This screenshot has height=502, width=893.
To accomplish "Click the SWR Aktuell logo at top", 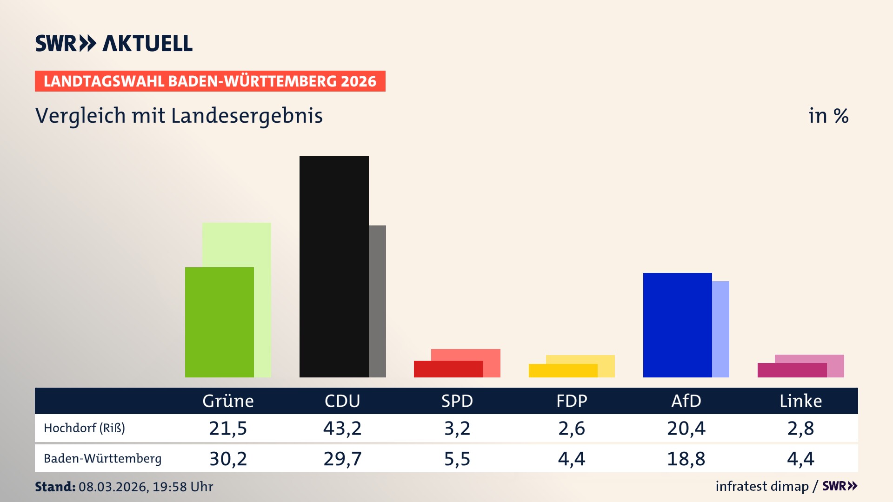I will (113, 43).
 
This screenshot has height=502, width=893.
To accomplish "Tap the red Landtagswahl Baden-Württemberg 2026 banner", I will (210, 81).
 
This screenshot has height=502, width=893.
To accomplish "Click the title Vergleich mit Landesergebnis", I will (179, 116).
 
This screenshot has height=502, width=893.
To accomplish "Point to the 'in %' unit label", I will (828, 116).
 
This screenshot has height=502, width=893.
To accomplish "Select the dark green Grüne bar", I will (219, 322).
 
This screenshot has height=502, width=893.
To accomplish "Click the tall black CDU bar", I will (333, 266).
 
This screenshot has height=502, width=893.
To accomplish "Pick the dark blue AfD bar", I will (677, 325).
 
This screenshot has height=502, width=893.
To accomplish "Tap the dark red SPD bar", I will (448, 369).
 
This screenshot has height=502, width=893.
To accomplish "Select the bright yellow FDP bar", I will (562, 370).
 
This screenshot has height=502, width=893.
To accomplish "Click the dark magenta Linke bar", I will (792, 370).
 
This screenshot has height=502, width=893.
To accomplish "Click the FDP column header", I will (572, 401).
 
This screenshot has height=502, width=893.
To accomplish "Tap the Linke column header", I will (800, 401).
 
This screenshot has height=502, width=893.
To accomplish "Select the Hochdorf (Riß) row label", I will (84, 428).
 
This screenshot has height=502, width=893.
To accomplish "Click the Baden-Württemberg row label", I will (102, 459).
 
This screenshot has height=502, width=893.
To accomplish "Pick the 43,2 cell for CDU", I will (342, 428).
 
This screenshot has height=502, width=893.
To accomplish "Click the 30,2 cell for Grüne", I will (228, 459).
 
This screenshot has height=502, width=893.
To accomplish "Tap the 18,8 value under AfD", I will (686, 459).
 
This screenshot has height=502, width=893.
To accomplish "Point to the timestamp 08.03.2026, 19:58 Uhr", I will (145, 487).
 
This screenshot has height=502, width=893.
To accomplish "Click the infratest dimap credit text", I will (762, 486).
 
